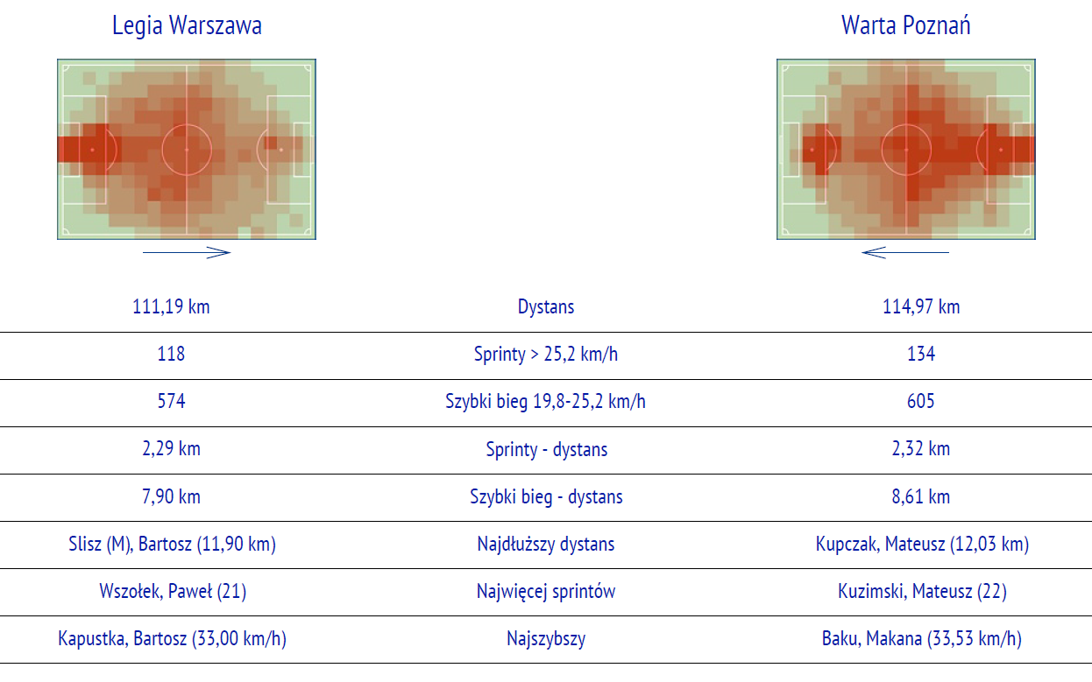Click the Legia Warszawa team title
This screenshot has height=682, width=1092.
click(x=187, y=25)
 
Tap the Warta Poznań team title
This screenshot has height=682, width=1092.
click(x=906, y=25)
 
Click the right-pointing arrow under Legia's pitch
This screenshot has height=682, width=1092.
click(x=187, y=252)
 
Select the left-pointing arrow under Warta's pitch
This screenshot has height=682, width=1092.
click(x=905, y=252)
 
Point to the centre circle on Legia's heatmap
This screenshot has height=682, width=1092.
click(x=187, y=124)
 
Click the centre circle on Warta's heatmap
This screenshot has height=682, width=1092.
click(x=906, y=124)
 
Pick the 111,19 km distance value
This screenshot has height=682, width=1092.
click(x=171, y=307)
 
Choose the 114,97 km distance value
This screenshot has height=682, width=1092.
click(x=921, y=307)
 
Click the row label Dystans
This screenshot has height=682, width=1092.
click(x=546, y=307)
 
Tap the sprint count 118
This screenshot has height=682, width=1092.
click(x=171, y=354)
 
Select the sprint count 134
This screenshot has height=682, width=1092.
click(x=921, y=354)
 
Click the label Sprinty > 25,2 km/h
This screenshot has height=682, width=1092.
click(x=546, y=355)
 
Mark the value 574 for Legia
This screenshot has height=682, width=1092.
click(x=171, y=401)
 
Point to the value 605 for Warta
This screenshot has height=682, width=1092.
click(x=921, y=401)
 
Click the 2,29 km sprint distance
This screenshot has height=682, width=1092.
click(x=171, y=448)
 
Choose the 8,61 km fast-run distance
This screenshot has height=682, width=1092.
click(x=921, y=496)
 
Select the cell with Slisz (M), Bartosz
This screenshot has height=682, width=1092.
click(x=172, y=545)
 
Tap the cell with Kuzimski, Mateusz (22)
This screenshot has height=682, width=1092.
click(x=922, y=592)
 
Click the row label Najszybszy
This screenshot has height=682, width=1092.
click(x=546, y=639)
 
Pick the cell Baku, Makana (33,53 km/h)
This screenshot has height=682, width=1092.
click(x=921, y=638)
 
